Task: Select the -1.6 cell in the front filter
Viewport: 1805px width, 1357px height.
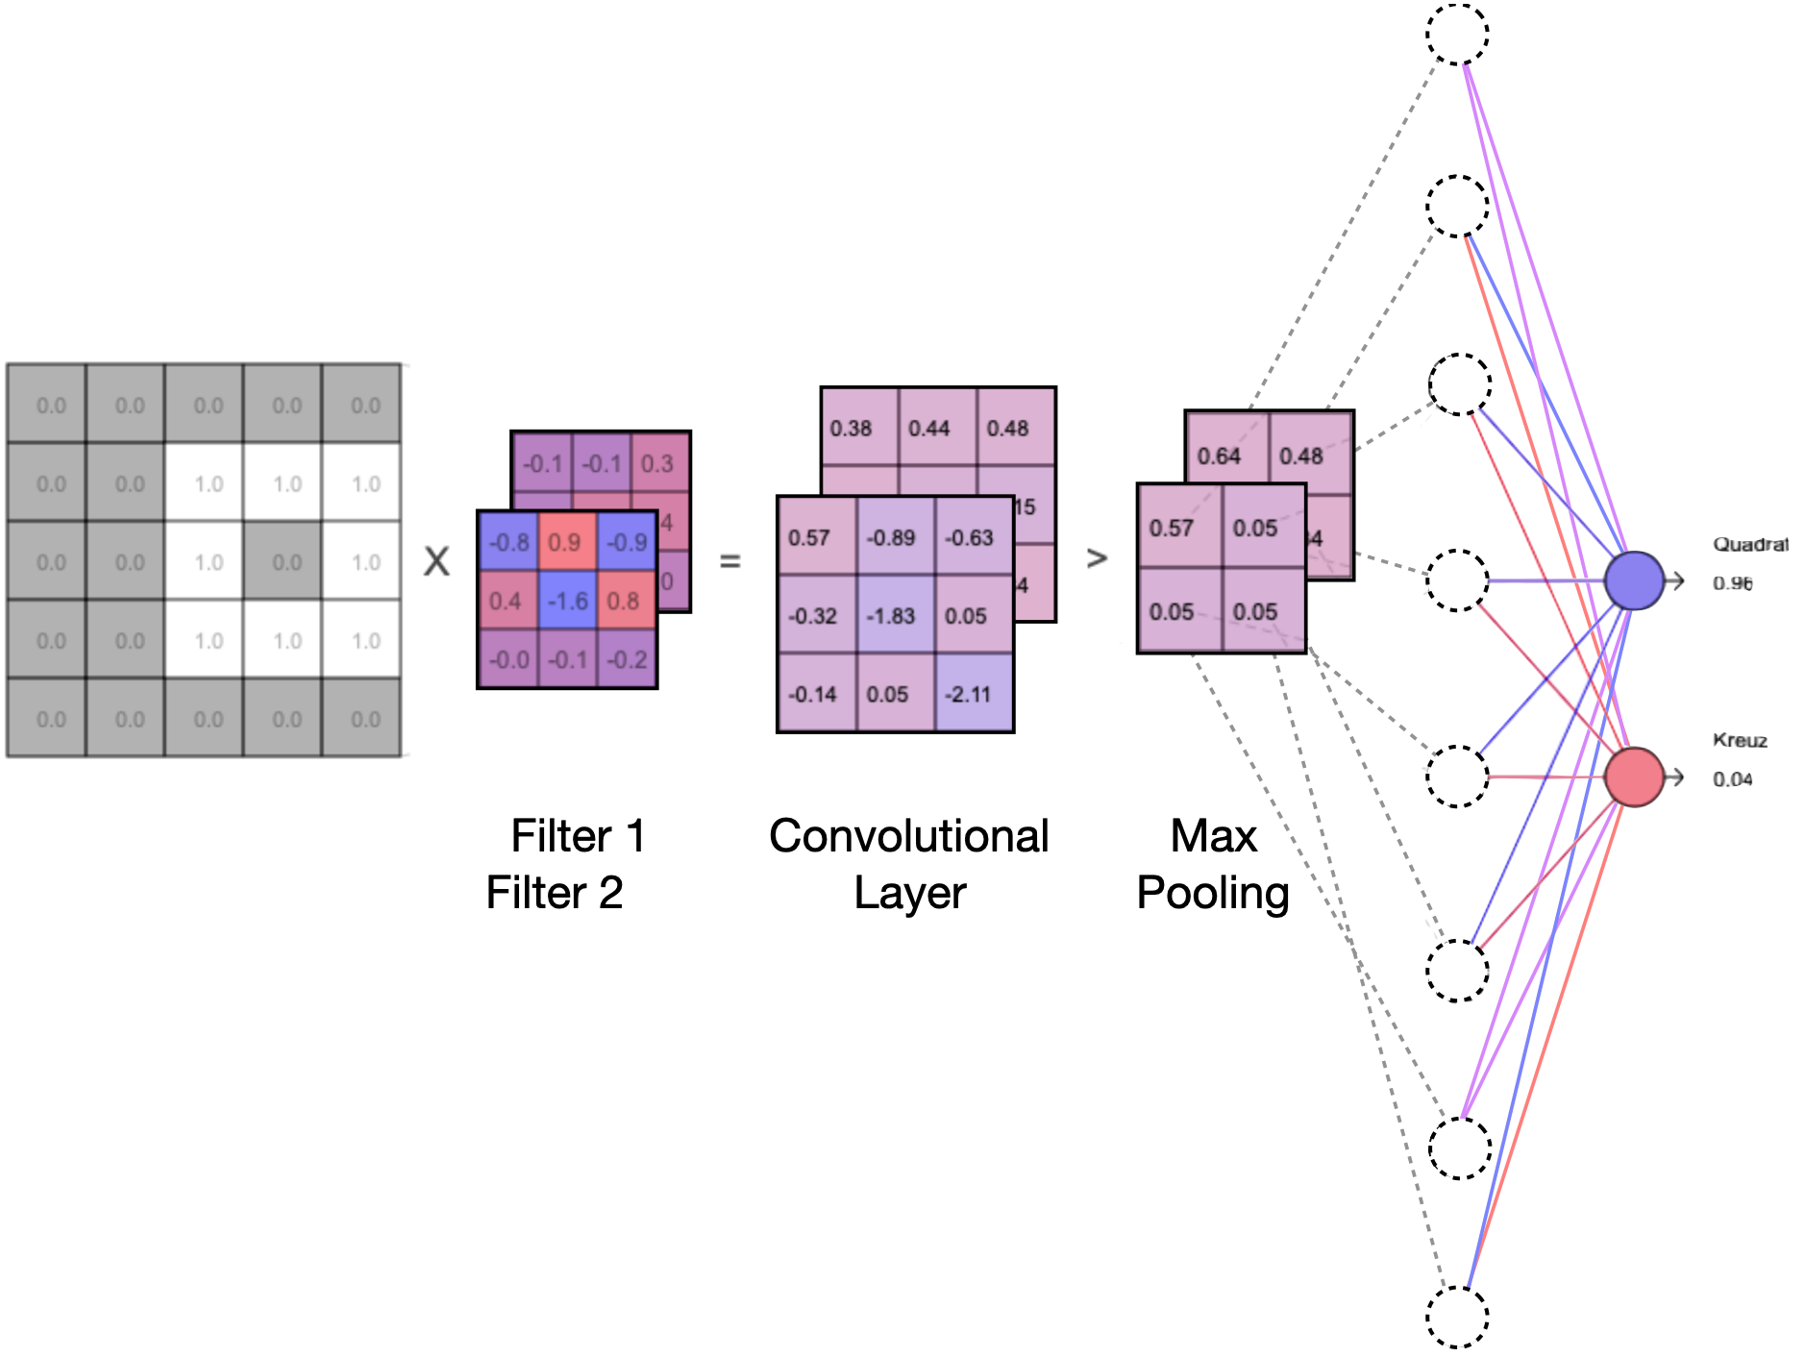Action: (x=567, y=601)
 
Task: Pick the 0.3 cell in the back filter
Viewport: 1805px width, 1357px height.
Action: (x=659, y=463)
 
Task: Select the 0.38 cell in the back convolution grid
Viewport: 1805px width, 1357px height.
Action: (x=852, y=428)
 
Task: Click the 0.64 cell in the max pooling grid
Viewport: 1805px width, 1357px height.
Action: (x=1220, y=455)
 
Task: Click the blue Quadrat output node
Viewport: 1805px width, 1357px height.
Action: (x=1634, y=580)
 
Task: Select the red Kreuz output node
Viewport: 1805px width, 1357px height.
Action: (x=1634, y=777)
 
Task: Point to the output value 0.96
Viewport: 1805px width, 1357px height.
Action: (x=1732, y=583)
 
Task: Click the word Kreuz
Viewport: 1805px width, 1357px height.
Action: (x=1740, y=740)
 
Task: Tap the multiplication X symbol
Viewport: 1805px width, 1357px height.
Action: (x=436, y=561)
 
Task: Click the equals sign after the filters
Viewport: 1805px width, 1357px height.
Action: (x=730, y=560)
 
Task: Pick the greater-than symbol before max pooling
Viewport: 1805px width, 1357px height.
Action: (x=1097, y=558)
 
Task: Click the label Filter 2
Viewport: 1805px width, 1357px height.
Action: (x=555, y=893)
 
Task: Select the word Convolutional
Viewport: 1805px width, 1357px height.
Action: (x=908, y=836)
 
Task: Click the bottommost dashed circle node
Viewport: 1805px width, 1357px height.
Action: (x=1457, y=1317)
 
